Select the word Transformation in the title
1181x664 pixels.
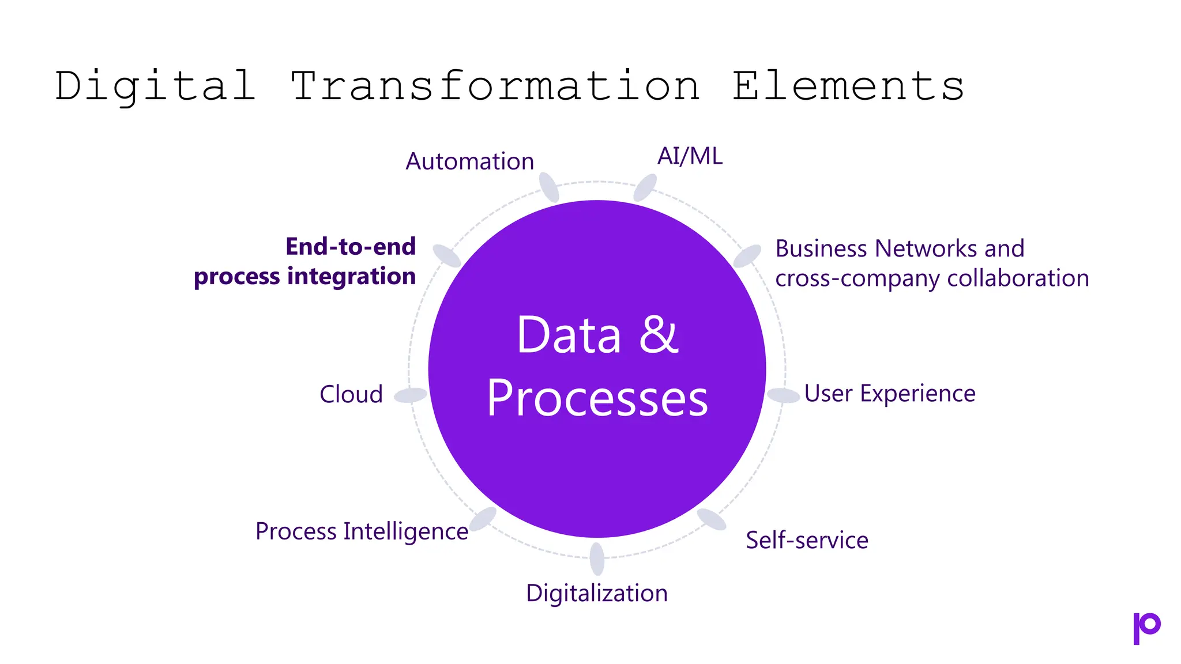click(495, 86)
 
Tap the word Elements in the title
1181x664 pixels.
click(848, 86)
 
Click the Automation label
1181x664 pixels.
click(469, 161)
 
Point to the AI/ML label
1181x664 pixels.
click(690, 156)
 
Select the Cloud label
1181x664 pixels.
click(351, 395)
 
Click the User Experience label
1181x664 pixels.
click(890, 394)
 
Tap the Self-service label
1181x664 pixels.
click(807, 541)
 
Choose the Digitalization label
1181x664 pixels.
click(597, 593)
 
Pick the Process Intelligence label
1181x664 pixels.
click(362, 531)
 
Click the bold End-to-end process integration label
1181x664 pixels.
click(305, 262)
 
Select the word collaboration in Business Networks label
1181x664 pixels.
click(1018, 278)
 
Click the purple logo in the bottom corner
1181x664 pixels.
click(1146, 628)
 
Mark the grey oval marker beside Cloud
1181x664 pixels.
click(411, 395)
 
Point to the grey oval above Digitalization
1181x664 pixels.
click(597, 559)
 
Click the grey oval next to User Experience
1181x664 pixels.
click(783, 395)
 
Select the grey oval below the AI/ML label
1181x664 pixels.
click(645, 188)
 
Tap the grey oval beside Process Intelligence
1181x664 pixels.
click(483, 519)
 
